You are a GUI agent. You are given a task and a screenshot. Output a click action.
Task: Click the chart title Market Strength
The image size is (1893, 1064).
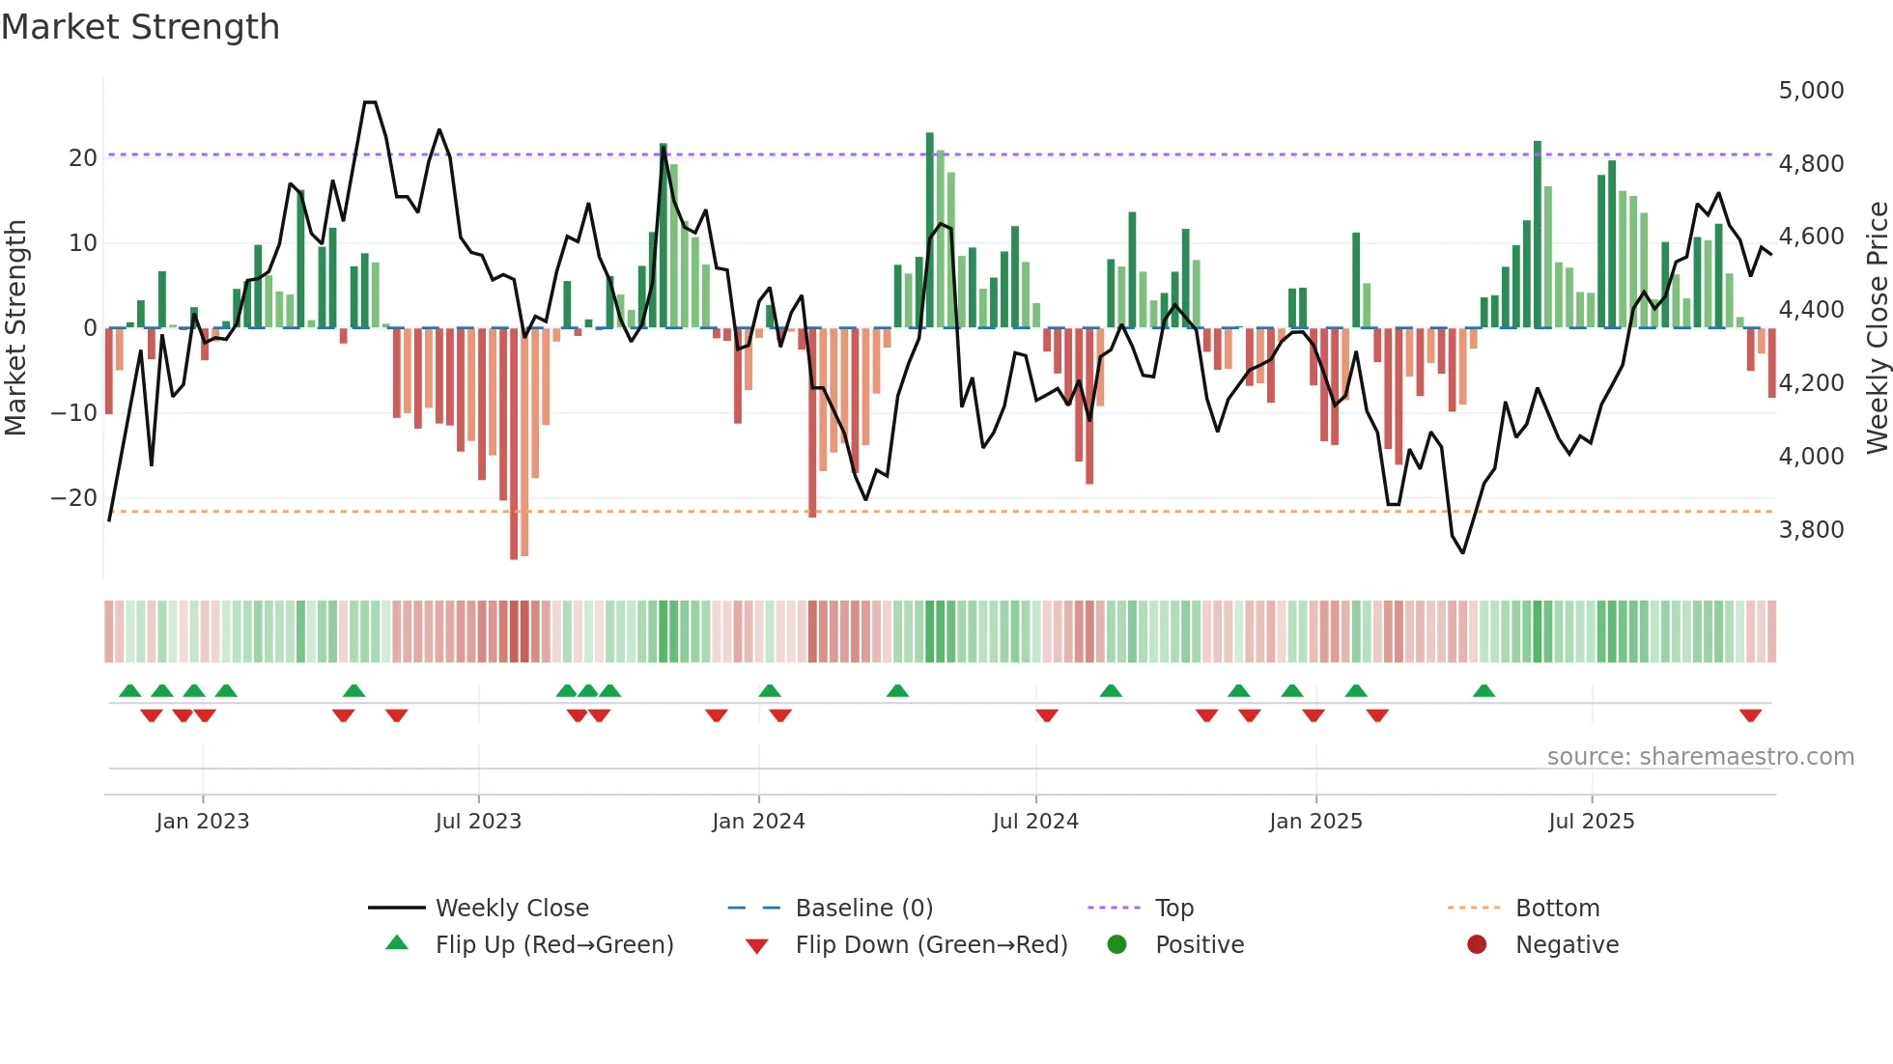pyautogui.click(x=140, y=27)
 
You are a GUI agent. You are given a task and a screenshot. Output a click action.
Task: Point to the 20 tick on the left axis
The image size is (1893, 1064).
pyautogui.click(x=83, y=158)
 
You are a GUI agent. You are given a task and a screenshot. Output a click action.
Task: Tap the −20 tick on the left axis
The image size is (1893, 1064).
pyautogui.click(x=74, y=498)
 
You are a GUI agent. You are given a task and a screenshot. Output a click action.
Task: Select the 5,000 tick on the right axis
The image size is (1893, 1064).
pyautogui.click(x=1811, y=91)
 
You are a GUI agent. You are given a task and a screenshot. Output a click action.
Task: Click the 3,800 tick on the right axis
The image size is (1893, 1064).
pyautogui.click(x=1811, y=530)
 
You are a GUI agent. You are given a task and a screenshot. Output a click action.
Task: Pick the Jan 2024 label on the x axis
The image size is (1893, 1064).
pyautogui.click(x=758, y=822)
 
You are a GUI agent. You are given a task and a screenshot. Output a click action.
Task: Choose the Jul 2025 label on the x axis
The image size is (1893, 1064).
pyautogui.click(x=1591, y=822)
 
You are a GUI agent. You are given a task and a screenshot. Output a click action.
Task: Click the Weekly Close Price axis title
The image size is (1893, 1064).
pyautogui.click(x=1877, y=328)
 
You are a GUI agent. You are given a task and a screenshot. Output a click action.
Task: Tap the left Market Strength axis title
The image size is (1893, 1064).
pyautogui.click(x=15, y=328)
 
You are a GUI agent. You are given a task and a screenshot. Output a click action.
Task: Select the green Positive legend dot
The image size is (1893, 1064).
pyautogui.click(x=1116, y=945)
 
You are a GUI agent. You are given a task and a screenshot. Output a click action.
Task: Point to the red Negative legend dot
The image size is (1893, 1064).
pyautogui.click(x=1477, y=945)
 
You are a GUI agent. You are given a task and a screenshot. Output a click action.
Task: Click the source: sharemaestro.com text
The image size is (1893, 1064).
pyautogui.click(x=1700, y=757)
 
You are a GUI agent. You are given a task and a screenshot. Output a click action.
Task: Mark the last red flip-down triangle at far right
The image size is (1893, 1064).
pyautogui.click(x=1750, y=715)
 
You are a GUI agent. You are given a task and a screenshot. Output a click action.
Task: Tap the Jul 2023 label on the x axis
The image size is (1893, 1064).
pyautogui.click(x=478, y=822)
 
